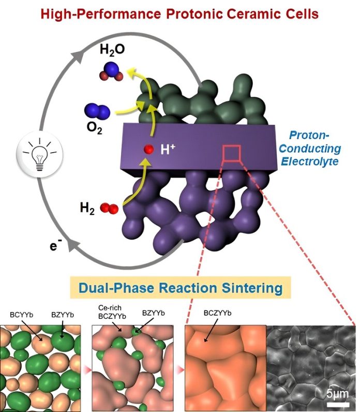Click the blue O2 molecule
point(97,111)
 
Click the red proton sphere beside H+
point(148,149)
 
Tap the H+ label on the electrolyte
point(168,149)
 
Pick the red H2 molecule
point(109,208)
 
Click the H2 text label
point(87,209)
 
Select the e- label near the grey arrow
point(56,245)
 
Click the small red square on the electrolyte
point(231,153)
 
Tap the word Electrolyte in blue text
point(310,161)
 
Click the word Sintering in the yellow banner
point(252,288)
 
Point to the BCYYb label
point(22,315)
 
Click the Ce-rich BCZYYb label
point(112,312)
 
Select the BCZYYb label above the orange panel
point(217,313)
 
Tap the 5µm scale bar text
point(338,394)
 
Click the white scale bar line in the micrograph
point(338,404)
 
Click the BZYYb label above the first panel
point(63,315)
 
